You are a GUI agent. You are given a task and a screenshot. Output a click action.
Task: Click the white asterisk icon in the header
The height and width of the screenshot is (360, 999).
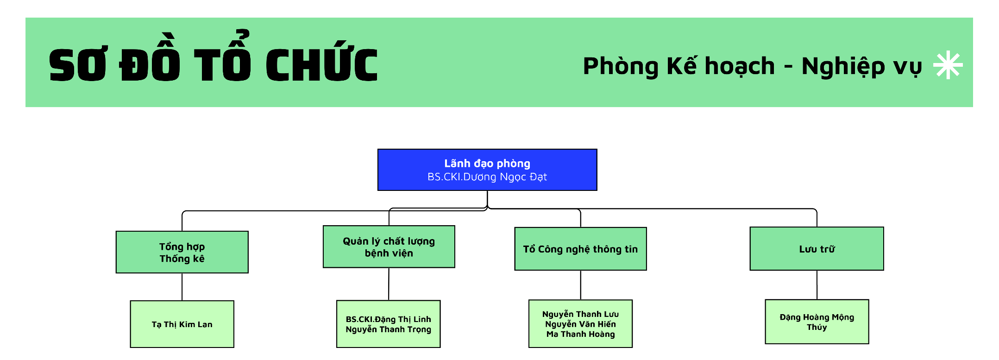948,65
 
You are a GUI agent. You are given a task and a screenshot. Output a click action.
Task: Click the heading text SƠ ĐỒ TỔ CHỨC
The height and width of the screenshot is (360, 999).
213,65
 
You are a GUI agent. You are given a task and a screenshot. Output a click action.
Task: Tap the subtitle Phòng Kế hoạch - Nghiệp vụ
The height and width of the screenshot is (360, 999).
752,66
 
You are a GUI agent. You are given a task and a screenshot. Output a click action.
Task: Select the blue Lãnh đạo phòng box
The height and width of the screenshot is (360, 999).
487,170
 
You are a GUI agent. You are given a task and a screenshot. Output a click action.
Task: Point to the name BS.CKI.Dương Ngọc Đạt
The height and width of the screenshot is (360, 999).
487,177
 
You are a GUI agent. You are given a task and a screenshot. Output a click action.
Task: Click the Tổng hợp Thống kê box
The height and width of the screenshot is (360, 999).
182,253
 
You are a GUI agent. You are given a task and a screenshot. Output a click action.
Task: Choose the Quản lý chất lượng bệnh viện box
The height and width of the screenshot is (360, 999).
389,247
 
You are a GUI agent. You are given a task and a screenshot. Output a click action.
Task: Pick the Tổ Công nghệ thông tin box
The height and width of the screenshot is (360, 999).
580,249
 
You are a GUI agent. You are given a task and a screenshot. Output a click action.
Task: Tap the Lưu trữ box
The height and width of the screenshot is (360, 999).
817,249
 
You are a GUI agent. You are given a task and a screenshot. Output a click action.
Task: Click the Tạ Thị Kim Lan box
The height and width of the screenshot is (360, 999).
182,324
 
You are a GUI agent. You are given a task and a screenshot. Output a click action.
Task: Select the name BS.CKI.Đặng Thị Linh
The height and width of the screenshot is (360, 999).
388,319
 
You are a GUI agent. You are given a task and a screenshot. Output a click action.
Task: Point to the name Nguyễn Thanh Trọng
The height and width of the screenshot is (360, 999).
388,329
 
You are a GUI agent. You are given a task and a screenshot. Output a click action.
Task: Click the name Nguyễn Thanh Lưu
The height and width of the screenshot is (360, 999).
580,314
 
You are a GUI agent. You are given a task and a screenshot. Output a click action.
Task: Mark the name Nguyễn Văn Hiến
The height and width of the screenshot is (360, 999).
580,324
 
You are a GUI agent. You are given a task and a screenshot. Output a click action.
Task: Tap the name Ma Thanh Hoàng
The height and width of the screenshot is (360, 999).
580,334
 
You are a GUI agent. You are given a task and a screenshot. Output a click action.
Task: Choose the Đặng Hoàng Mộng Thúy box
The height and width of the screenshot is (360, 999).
817,322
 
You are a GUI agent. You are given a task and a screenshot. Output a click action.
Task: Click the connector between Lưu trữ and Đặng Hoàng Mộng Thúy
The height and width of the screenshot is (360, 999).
817,285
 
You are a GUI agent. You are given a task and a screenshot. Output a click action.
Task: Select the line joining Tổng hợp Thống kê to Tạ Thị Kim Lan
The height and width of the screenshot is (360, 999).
182,287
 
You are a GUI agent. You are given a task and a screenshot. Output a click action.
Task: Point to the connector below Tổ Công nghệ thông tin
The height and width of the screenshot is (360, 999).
581,285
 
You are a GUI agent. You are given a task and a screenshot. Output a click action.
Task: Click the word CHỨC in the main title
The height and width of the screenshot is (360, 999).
322,65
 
